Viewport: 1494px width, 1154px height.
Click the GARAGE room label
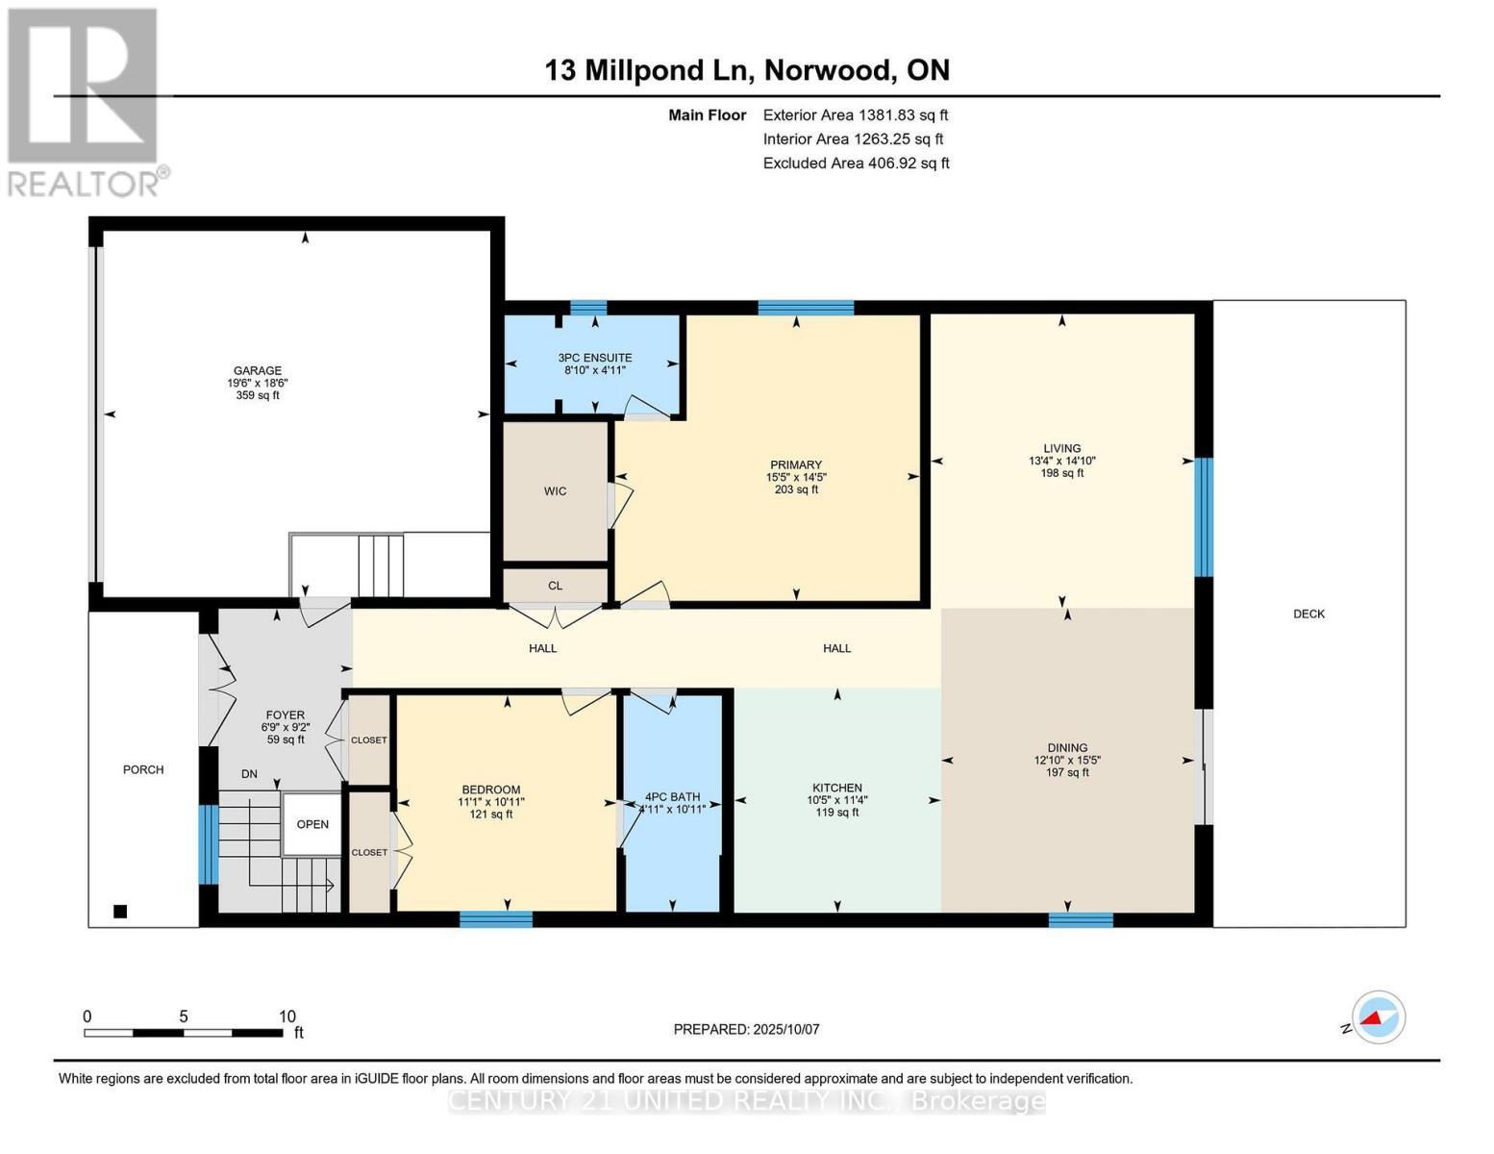coord(258,371)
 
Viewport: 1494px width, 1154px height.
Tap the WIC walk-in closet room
coord(555,491)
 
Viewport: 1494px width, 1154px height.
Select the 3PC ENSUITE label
coord(594,358)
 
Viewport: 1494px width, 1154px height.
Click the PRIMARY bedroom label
coord(795,465)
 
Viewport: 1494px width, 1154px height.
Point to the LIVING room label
coord(1061,448)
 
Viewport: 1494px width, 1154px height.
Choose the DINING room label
coord(1067,747)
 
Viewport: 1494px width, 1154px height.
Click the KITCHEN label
coord(836,788)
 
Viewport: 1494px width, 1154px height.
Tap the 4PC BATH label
coord(672,797)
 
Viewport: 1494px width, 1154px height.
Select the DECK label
coord(1308,614)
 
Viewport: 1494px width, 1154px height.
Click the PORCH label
coord(143,769)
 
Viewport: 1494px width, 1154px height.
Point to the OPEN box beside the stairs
coord(312,824)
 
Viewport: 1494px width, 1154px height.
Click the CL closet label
coord(555,586)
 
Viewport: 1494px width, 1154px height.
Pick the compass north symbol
coord(1378,1017)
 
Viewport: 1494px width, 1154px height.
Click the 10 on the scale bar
coord(286,1016)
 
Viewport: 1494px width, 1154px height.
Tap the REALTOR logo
coord(85,101)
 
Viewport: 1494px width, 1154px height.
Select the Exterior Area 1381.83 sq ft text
coord(856,115)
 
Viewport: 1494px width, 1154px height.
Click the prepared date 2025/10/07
coord(746,1029)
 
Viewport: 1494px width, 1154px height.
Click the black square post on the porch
coord(120,912)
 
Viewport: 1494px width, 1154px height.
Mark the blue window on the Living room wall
coord(1204,516)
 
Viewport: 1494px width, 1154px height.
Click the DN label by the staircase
coord(249,774)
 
